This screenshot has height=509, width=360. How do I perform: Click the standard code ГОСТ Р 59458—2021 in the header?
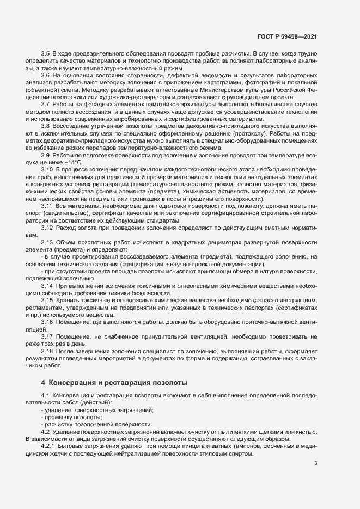pyautogui.click(x=286, y=36)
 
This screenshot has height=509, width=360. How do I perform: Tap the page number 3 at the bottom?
pyautogui.click(x=316, y=463)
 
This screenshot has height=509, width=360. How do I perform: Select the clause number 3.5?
pyautogui.click(x=46, y=54)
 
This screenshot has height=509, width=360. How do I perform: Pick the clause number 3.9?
pyautogui.click(x=46, y=155)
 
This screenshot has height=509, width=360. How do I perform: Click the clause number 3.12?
pyautogui.click(x=47, y=228)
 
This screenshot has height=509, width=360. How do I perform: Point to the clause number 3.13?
pyautogui.click(x=47, y=242)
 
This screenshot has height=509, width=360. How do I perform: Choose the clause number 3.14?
pyautogui.click(x=47, y=285)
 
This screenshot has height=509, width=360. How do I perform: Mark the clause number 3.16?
pyautogui.click(x=47, y=321)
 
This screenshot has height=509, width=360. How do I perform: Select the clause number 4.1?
pyautogui.click(x=46, y=395)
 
